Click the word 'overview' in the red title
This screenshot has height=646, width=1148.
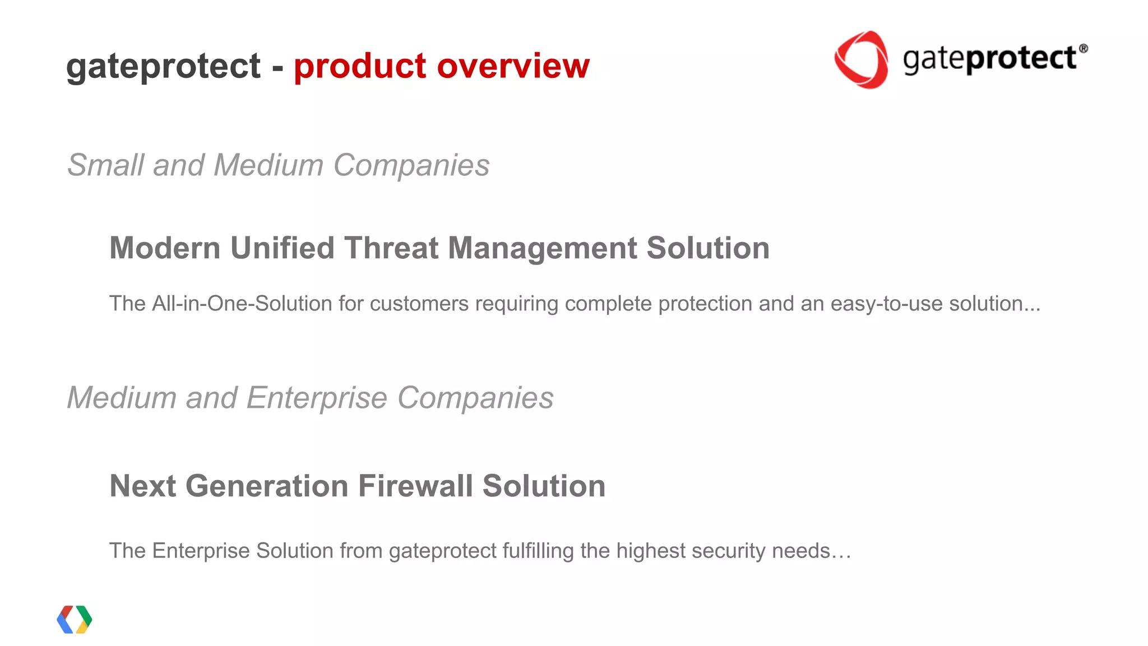[x=513, y=66]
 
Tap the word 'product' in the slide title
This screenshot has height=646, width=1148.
[x=360, y=66]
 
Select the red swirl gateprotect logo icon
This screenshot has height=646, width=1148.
[x=861, y=59]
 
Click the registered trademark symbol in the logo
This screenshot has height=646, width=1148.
[x=1083, y=49]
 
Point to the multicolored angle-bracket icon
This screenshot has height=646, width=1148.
[x=75, y=620]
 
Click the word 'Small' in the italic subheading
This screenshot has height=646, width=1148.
[x=105, y=165]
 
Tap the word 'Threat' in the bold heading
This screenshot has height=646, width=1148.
[x=391, y=248]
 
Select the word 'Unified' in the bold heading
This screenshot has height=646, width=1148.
[x=282, y=248]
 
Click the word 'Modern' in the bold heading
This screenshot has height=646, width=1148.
[x=165, y=248]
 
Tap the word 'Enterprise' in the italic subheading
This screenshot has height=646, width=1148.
[x=317, y=398]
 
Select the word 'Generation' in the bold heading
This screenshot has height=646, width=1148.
[x=267, y=486]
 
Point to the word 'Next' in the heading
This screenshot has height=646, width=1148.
[x=142, y=486]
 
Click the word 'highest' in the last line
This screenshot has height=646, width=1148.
[x=650, y=551]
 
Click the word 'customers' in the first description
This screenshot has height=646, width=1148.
[x=419, y=304]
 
